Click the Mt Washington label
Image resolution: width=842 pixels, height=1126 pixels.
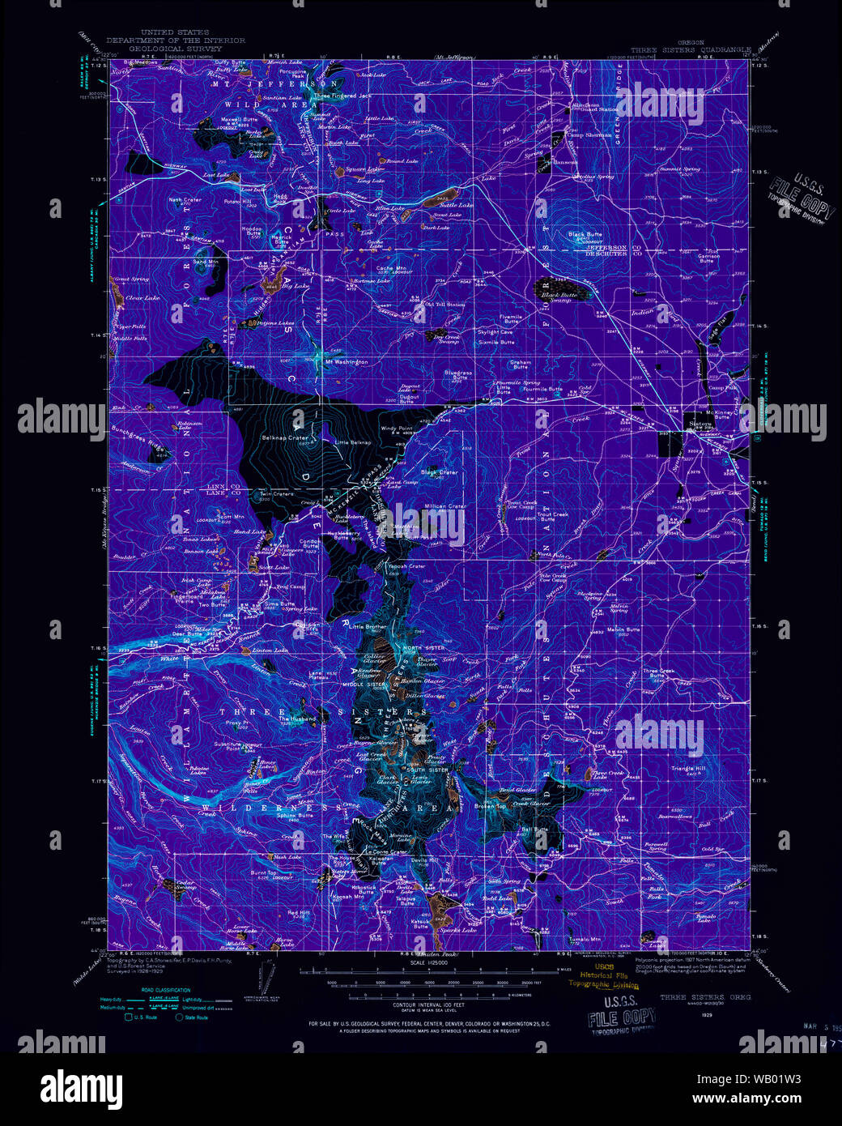(347, 361)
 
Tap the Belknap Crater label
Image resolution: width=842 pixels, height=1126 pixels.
(285, 437)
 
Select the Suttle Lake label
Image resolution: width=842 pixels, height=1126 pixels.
(455, 205)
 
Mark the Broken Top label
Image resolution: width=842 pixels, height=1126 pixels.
(490, 806)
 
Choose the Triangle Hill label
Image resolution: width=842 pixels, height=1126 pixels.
(688, 768)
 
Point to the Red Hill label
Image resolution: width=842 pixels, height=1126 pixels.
(299, 912)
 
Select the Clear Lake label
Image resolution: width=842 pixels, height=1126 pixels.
(142, 297)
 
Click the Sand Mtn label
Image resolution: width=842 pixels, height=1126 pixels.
(206, 262)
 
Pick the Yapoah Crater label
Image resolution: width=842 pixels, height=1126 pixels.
(406, 566)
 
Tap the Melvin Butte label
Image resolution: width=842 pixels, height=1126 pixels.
(623, 629)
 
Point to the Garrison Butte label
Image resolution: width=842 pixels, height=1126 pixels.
(708, 258)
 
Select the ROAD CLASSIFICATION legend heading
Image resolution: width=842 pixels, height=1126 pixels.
(166, 990)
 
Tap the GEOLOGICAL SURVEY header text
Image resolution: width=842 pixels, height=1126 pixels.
(174, 47)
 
